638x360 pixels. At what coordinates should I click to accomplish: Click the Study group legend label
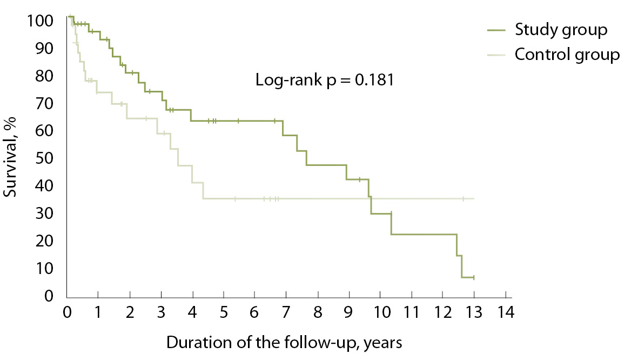pos(561,29)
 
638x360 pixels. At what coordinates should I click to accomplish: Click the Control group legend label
pos(567,55)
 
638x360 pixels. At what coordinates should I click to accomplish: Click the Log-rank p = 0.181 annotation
pos(324,81)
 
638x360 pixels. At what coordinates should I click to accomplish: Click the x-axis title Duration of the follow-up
pos(284,343)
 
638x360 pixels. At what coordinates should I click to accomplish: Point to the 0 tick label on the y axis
pos(49,296)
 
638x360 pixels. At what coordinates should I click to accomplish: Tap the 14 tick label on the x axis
pos(506,314)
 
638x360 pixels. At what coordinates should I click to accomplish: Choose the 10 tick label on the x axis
pos(380,314)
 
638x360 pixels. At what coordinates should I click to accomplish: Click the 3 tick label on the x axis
pos(161,314)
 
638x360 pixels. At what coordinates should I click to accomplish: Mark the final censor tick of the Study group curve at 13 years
pos(474,277)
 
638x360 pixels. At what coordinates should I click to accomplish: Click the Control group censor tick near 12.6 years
pos(463,199)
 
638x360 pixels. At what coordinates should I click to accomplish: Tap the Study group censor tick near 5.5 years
pos(238,121)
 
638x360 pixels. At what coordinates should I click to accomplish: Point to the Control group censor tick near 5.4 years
pos(235,199)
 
